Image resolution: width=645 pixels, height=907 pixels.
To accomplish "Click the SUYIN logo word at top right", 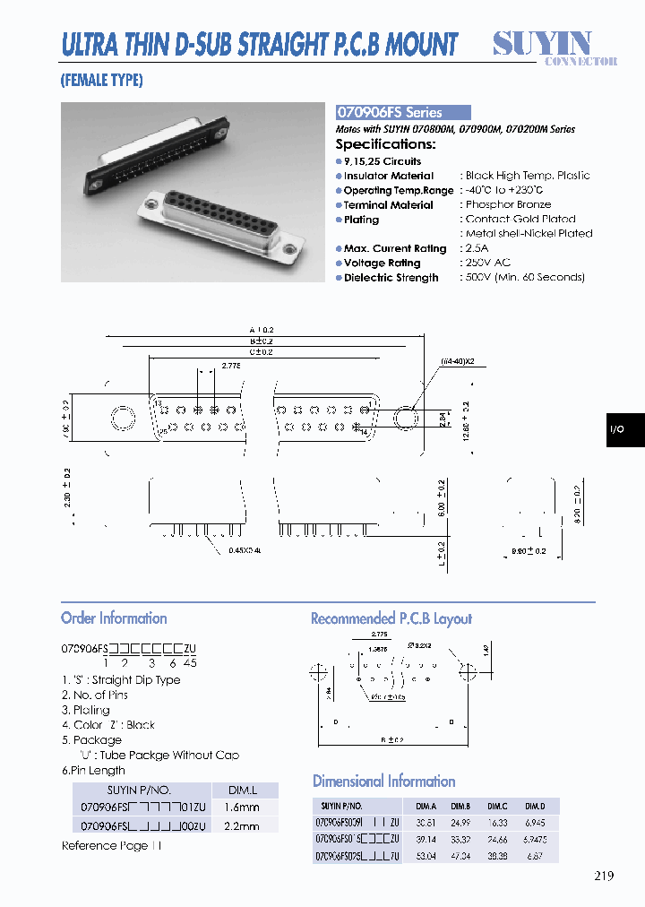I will [x=543, y=43].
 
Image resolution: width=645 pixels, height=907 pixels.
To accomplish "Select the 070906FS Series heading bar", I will [x=402, y=113].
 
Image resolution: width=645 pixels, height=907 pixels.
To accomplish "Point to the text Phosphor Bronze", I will [x=508, y=205].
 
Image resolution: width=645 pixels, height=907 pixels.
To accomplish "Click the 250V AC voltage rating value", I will [x=488, y=263].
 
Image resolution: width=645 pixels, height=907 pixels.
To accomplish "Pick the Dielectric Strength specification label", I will [x=391, y=278].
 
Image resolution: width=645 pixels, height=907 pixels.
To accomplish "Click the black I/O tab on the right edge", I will [x=624, y=430].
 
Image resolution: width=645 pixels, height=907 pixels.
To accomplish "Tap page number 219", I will [x=603, y=876].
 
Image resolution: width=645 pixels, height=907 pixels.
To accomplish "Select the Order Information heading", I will [x=114, y=618].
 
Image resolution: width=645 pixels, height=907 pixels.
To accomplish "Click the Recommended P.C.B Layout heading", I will [x=391, y=618].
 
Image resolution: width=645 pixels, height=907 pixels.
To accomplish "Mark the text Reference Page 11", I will [x=112, y=846].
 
